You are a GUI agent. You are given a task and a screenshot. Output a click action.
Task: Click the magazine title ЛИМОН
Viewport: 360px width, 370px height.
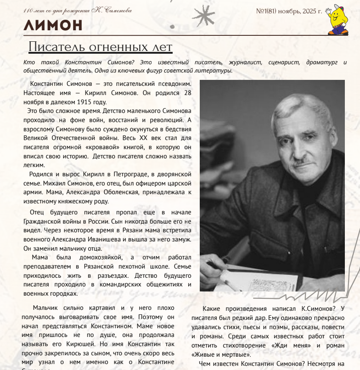(53, 24)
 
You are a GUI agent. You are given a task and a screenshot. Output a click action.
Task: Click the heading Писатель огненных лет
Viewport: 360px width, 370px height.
(100, 47)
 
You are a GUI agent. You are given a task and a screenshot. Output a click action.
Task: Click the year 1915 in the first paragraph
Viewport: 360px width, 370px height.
(84, 102)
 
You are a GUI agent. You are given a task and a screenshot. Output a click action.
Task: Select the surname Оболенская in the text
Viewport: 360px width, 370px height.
(138, 192)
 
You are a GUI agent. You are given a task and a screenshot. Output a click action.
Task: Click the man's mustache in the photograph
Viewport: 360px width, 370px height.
(301, 161)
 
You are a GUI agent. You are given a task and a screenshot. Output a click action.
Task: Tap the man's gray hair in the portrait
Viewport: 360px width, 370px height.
(298, 108)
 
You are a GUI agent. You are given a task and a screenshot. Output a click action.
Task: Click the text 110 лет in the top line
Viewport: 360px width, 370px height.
(33, 10)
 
